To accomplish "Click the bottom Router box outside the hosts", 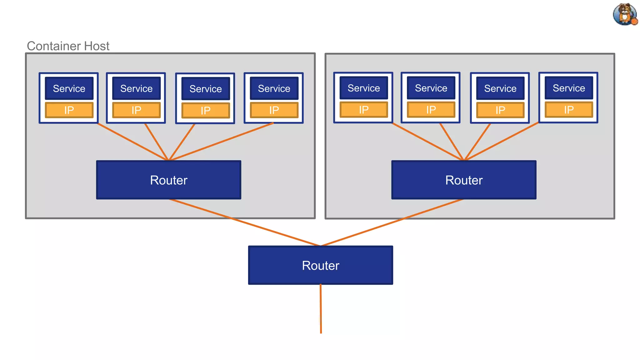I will (x=320, y=265).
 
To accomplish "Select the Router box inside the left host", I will (x=168, y=180).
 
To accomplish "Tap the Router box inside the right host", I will (x=464, y=180).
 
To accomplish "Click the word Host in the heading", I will (x=97, y=46).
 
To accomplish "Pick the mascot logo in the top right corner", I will (x=624, y=14).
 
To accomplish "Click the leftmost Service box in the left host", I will (x=69, y=88).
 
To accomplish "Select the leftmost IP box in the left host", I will (x=69, y=110).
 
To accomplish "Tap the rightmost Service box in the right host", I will (x=569, y=88).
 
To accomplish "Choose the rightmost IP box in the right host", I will (x=569, y=110).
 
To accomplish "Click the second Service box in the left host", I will (x=136, y=88).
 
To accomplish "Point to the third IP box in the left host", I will (x=206, y=110).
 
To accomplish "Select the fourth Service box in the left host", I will (x=274, y=88).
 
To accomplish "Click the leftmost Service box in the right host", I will (x=364, y=88).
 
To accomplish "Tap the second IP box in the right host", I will (x=431, y=110).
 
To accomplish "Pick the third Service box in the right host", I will (x=500, y=88).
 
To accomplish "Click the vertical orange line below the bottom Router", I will (x=321, y=309).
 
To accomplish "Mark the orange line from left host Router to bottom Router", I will (x=244, y=222).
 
